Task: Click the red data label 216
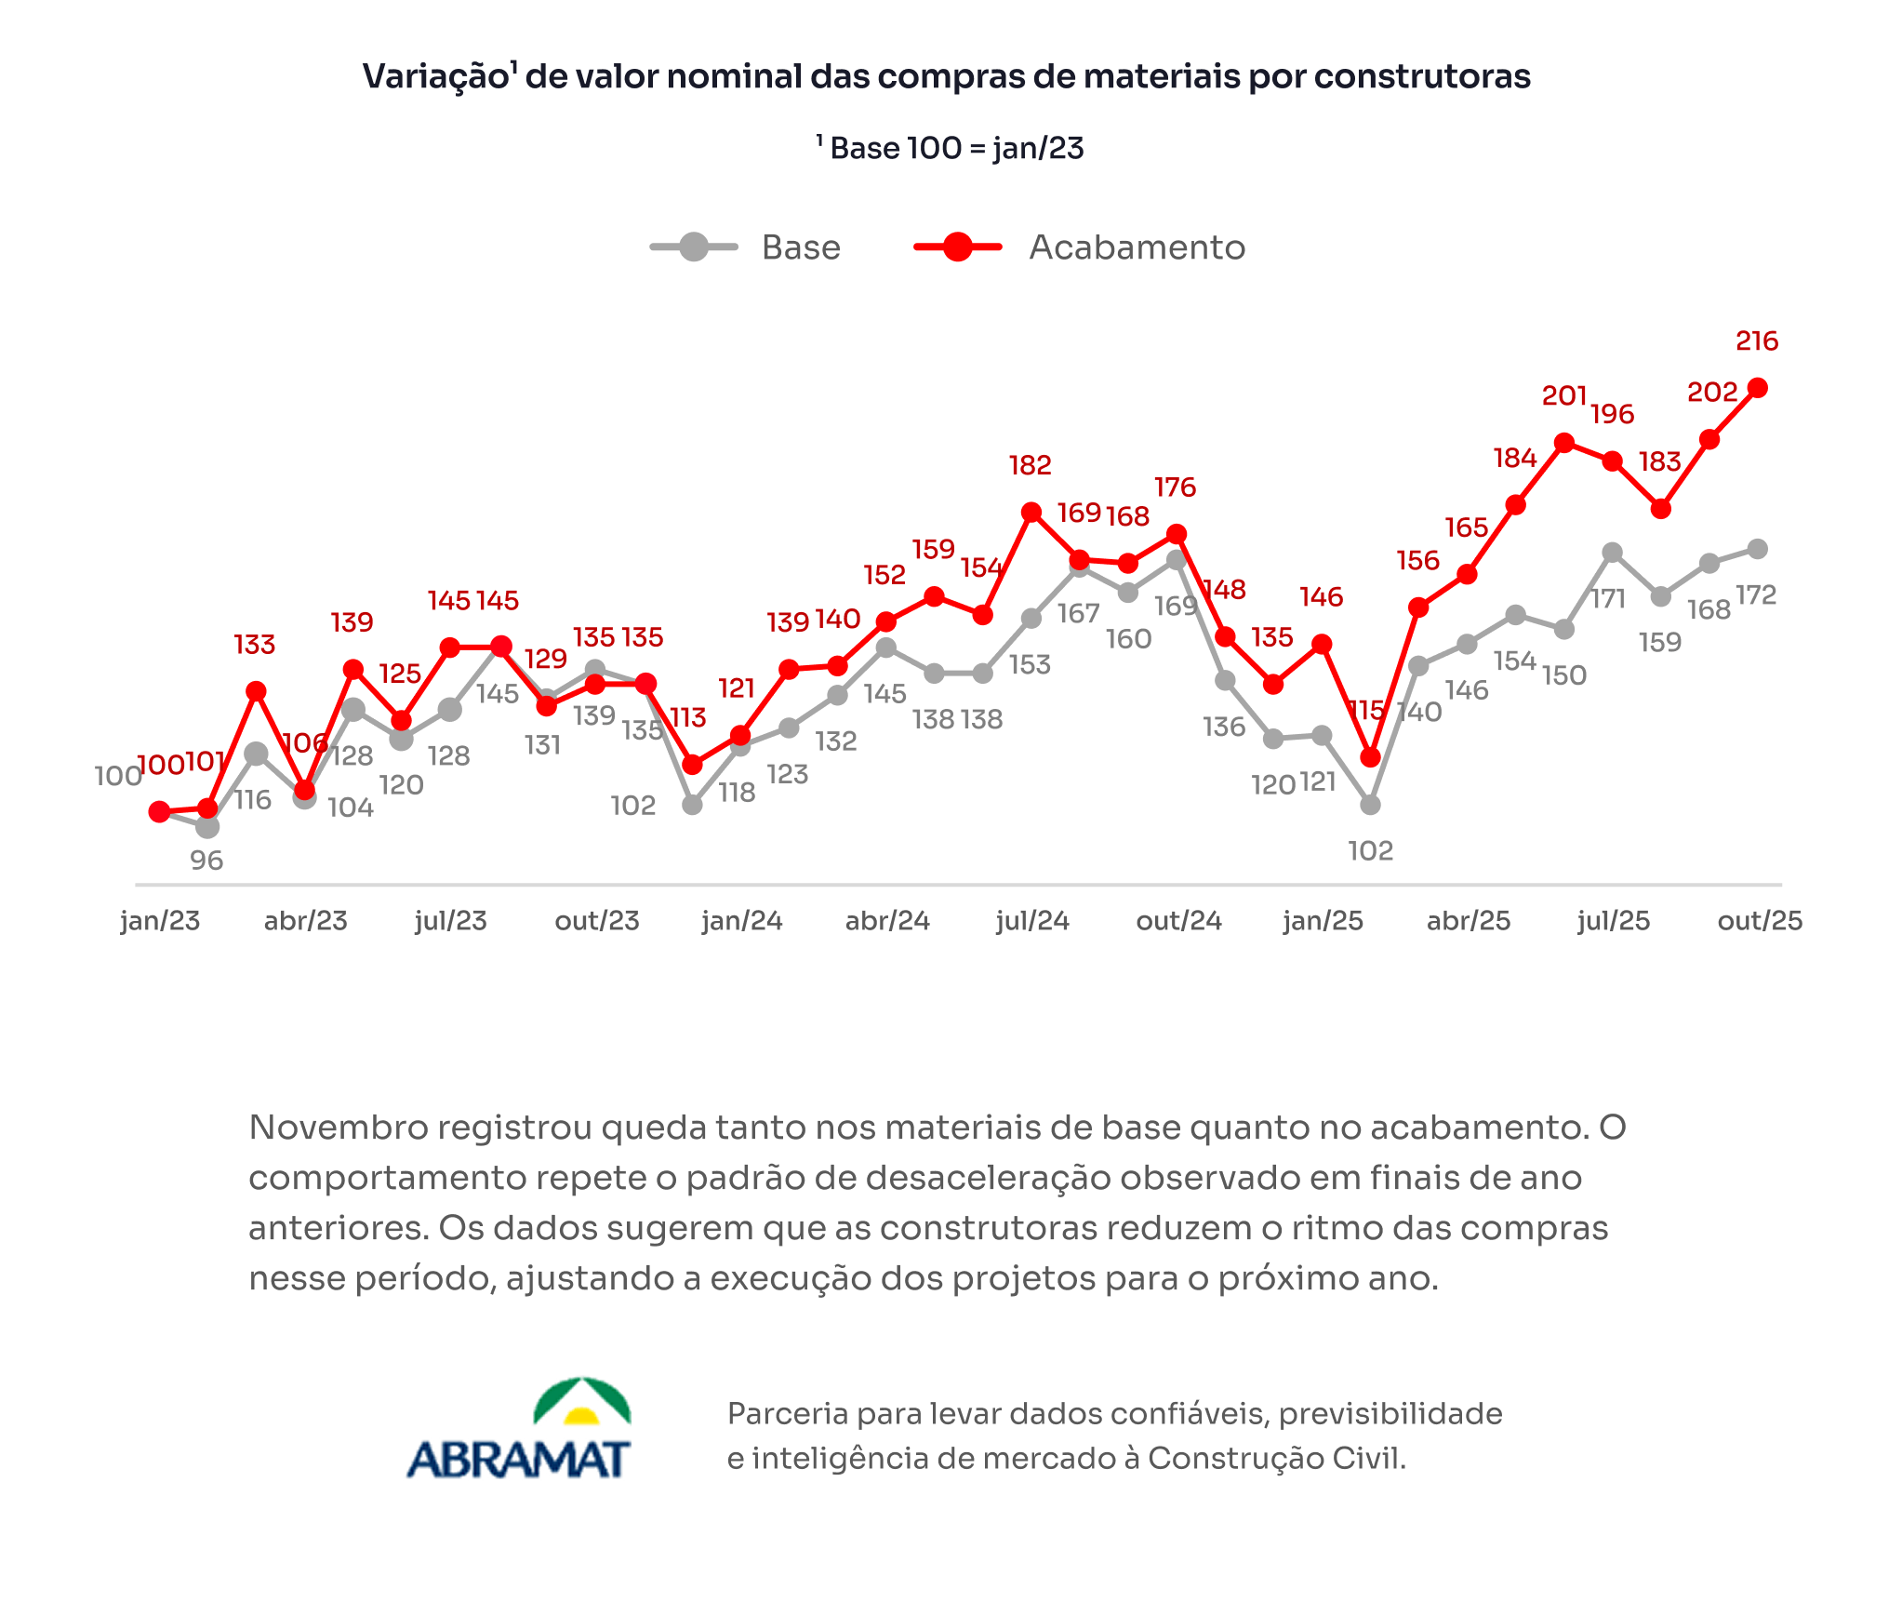coord(1756,341)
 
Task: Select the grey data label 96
coord(206,861)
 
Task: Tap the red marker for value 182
coord(1031,513)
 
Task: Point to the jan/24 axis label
coord(741,921)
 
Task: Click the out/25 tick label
coord(1759,921)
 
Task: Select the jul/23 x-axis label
coord(451,921)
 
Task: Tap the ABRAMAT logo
coord(519,1429)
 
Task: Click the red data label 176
coord(1175,487)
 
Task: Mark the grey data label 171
coord(1608,599)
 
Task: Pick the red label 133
coord(254,645)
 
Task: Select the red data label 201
coord(1563,396)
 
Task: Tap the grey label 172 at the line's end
coord(1756,595)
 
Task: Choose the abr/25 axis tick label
coord(1468,921)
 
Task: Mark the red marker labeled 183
coord(1660,509)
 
